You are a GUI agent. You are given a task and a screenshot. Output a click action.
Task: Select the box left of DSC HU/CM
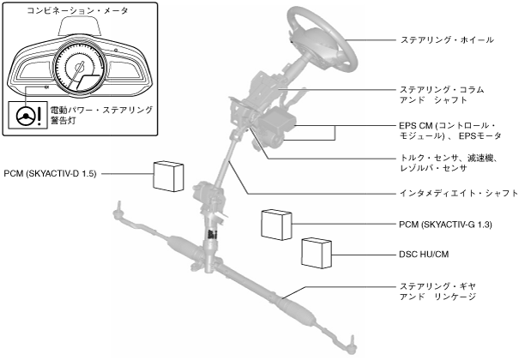click(x=318, y=255)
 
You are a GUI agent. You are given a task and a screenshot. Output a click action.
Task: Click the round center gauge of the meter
click(x=80, y=73)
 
